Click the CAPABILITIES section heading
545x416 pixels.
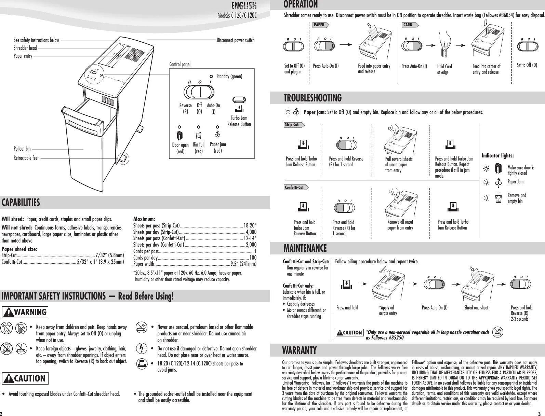click(21, 203)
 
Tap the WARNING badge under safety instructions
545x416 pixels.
click(25, 312)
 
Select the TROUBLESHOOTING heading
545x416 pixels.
click(313, 98)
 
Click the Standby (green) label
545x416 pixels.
click(229, 76)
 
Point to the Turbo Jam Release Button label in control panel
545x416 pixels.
click(239, 121)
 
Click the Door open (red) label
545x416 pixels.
click(180, 148)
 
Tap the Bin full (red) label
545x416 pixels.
click(199, 148)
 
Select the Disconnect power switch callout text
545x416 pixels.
click(236, 40)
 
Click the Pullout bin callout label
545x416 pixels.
click(22, 149)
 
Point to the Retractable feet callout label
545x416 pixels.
click(26, 158)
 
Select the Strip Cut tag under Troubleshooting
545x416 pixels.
click(293, 125)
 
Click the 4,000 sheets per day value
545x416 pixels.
click(251, 232)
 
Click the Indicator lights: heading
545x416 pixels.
click(497, 156)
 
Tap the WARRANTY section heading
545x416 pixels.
click(299, 350)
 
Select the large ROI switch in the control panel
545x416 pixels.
click(199, 92)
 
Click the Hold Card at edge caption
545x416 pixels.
click(444, 69)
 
